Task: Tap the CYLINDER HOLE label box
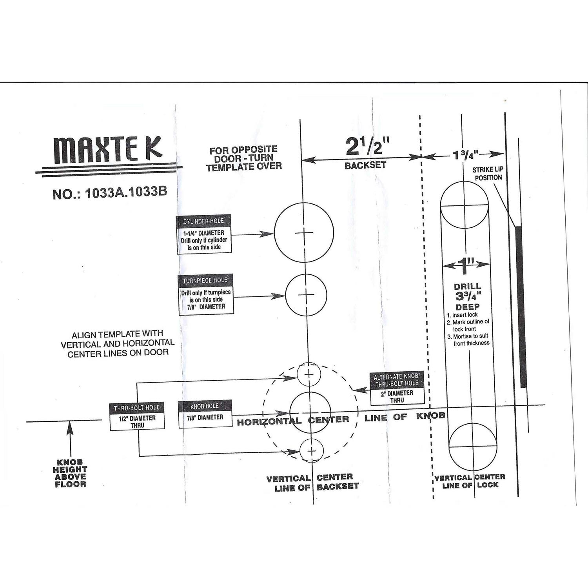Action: point(204,234)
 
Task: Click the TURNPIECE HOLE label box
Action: point(205,294)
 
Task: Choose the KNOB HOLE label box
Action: point(205,414)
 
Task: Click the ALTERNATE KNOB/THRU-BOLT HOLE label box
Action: point(397,388)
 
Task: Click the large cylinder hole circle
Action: point(304,233)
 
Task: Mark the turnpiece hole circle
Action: point(306,295)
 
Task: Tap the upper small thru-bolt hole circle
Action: point(309,374)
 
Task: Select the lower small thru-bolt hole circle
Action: point(311,451)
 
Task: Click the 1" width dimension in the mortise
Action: point(465,266)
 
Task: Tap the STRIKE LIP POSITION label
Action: point(488,174)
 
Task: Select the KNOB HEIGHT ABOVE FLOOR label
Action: point(70,473)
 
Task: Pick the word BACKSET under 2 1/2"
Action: point(365,165)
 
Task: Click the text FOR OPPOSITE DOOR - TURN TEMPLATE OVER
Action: point(243,158)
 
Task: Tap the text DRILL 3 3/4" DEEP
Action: point(467,297)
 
